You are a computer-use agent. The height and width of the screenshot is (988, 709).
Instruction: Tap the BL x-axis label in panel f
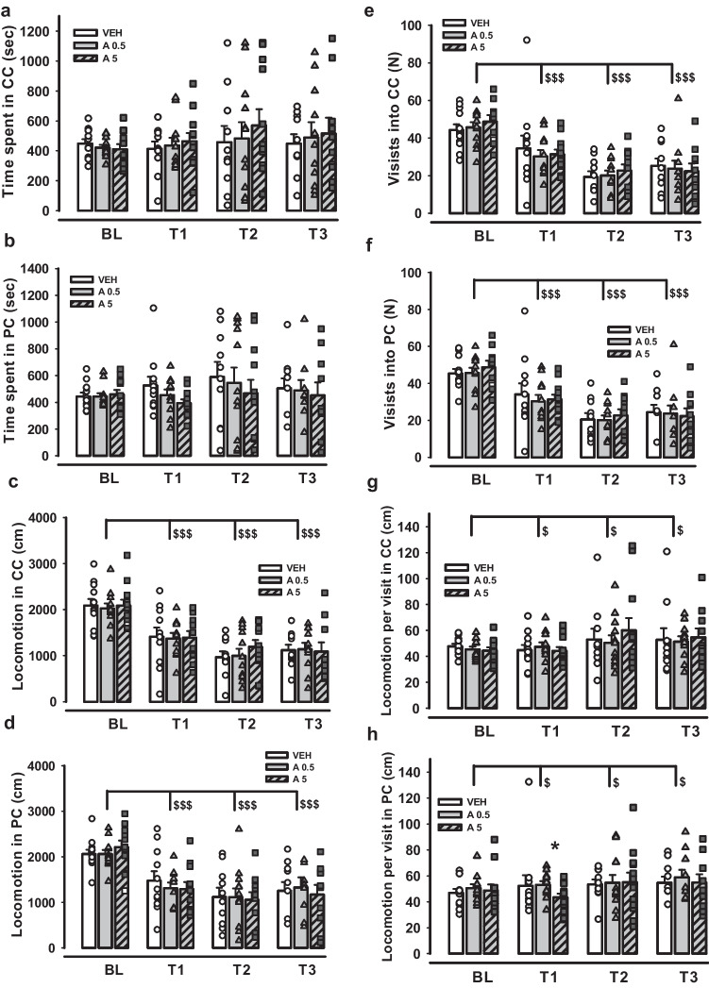[482, 478]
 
